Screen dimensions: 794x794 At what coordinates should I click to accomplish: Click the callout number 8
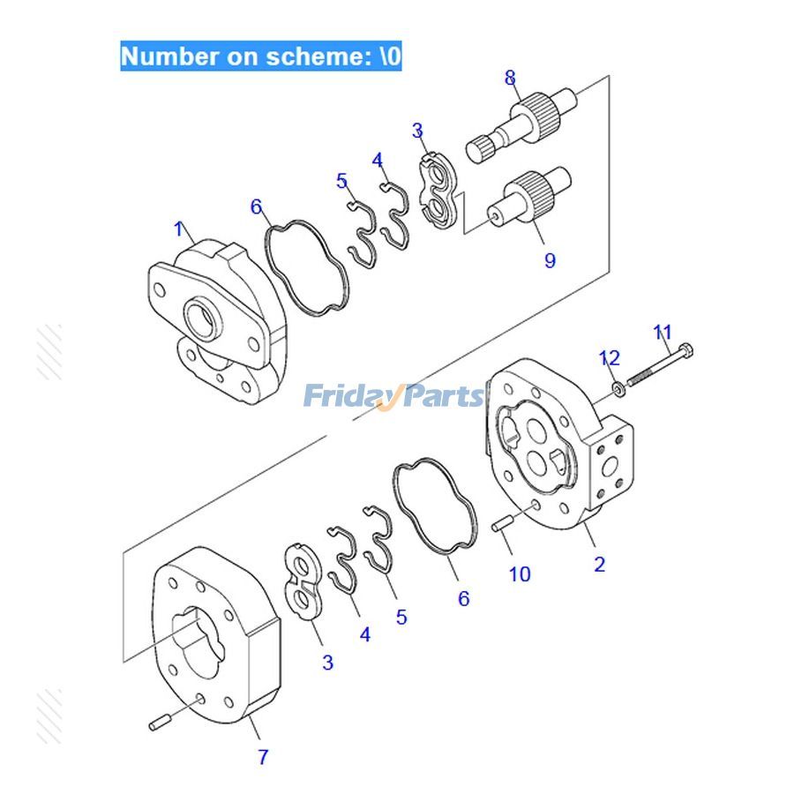(510, 78)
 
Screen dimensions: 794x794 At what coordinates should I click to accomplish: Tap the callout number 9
(550, 261)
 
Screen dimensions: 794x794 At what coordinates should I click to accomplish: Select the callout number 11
(663, 333)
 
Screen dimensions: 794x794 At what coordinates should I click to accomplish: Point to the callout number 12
(610, 358)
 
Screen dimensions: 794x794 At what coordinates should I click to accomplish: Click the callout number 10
(520, 574)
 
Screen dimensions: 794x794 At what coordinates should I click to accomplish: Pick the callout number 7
(263, 757)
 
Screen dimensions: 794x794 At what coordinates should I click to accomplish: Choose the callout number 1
(180, 230)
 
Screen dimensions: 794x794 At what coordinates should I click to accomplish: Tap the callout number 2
(600, 565)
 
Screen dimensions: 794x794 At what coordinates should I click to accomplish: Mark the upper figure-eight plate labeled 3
(438, 191)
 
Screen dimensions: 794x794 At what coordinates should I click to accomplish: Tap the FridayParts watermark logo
(394, 396)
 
